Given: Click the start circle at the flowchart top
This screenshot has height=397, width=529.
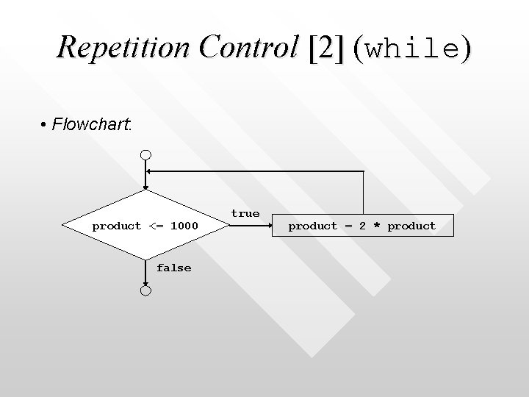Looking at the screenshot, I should coord(146,155).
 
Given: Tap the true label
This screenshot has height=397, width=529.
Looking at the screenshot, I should coord(245,213).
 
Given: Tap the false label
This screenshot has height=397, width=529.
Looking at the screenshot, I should coord(173,268).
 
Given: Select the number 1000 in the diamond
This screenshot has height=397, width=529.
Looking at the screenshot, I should coord(184,226).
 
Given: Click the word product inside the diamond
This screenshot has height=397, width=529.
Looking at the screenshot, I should coord(116,226).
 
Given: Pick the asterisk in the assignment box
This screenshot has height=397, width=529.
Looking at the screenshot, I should coord(376,226).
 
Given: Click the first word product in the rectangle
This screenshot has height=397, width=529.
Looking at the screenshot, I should coord(313,226).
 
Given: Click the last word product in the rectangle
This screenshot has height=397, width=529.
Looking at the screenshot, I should coord(411,226).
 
